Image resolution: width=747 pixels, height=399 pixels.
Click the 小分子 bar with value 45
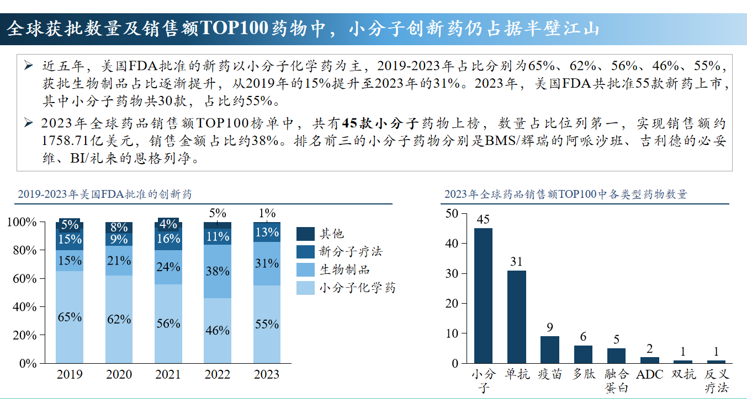483,295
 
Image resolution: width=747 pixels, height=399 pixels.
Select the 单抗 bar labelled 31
516,317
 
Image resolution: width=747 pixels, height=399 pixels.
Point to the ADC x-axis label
650,375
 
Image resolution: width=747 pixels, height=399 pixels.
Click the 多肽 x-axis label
584,375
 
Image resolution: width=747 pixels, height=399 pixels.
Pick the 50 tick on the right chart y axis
452,213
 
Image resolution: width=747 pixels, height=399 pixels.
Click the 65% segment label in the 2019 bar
70,317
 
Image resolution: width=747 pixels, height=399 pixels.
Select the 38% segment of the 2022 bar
218,271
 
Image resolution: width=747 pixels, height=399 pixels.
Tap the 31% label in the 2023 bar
267,263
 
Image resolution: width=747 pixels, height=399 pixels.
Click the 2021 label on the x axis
168,375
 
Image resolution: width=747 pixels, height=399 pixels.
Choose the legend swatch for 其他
305,234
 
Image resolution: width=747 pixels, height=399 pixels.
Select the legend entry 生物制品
344,269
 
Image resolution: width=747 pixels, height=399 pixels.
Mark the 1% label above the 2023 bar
267,213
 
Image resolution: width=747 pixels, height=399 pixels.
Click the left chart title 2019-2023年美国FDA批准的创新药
105,195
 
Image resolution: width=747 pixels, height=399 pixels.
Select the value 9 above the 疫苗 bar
549,328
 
